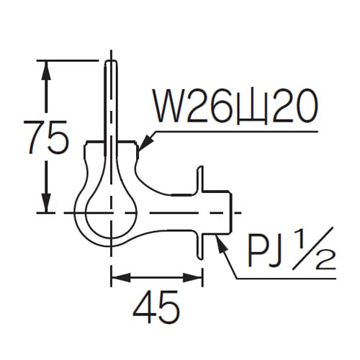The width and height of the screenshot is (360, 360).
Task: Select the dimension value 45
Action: (x=157, y=308)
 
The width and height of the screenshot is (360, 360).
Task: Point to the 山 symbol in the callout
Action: (x=248, y=109)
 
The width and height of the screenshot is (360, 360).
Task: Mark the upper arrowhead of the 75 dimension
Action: (x=47, y=69)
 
